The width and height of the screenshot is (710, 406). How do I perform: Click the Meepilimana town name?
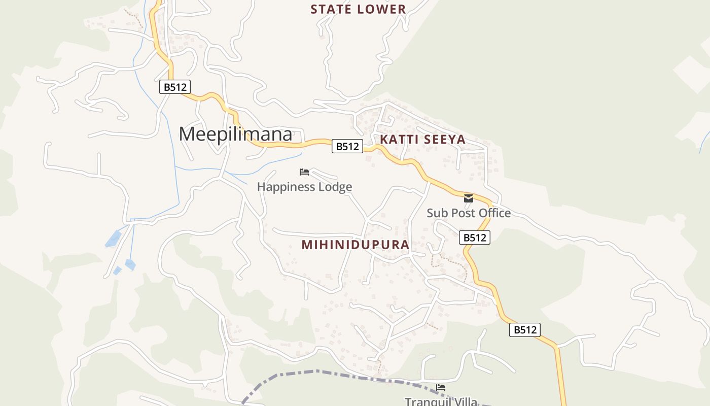(x=236, y=134)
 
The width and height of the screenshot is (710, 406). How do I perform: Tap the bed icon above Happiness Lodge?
(x=304, y=172)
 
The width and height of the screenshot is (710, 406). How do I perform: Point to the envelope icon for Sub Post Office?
(x=469, y=198)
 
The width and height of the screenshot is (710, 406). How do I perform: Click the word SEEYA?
(x=446, y=140)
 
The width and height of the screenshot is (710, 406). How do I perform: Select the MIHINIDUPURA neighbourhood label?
(x=355, y=245)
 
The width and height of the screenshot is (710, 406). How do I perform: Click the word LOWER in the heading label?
(x=381, y=9)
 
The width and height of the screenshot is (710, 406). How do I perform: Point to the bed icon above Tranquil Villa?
(x=441, y=388)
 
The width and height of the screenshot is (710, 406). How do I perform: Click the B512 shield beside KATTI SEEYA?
(x=347, y=146)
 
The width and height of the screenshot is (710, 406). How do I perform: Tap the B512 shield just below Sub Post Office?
(x=475, y=237)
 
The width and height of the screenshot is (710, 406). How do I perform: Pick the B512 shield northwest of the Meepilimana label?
(x=175, y=87)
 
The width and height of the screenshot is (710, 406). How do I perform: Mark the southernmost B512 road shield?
(x=525, y=330)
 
